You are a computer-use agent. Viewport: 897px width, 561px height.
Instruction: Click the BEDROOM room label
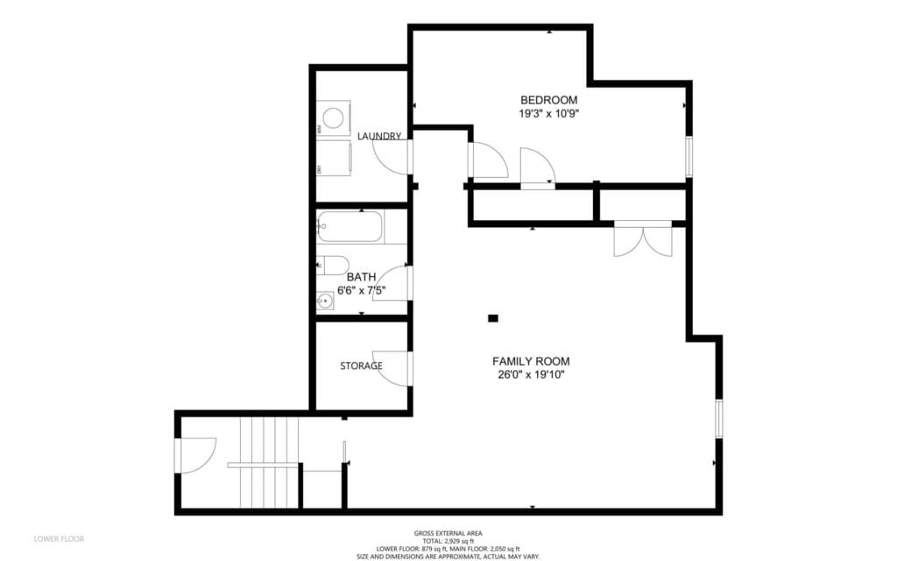[x=549, y=100]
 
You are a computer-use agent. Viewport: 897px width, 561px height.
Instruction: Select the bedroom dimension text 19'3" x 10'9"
[x=549, y=114]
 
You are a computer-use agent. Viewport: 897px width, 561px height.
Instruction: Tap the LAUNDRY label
[x=380, y=136]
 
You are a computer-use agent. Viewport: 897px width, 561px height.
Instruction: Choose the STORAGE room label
[x=361, y=366]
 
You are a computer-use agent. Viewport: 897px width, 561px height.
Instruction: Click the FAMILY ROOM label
[x=531, y=361]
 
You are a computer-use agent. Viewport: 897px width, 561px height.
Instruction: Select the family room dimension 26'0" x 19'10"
[x=531, y=375]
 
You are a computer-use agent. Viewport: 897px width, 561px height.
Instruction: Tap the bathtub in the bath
[x=350, y=227]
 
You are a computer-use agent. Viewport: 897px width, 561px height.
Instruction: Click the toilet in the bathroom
[x=333, y=264]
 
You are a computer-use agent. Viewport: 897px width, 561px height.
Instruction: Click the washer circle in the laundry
[x=334, y=117]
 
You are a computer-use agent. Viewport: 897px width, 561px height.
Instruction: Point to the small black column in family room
[x=493, y=318]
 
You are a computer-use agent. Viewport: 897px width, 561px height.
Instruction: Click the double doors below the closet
[x=643, y=239]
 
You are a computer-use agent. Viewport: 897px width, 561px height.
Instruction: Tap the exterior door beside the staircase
[x=194, y=455]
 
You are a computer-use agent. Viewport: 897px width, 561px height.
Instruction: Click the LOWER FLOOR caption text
[x=59, y=538]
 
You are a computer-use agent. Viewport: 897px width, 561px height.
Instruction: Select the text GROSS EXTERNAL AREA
[x=448, y=533]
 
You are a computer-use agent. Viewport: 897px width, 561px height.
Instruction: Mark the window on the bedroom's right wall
[x=689, y=155]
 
